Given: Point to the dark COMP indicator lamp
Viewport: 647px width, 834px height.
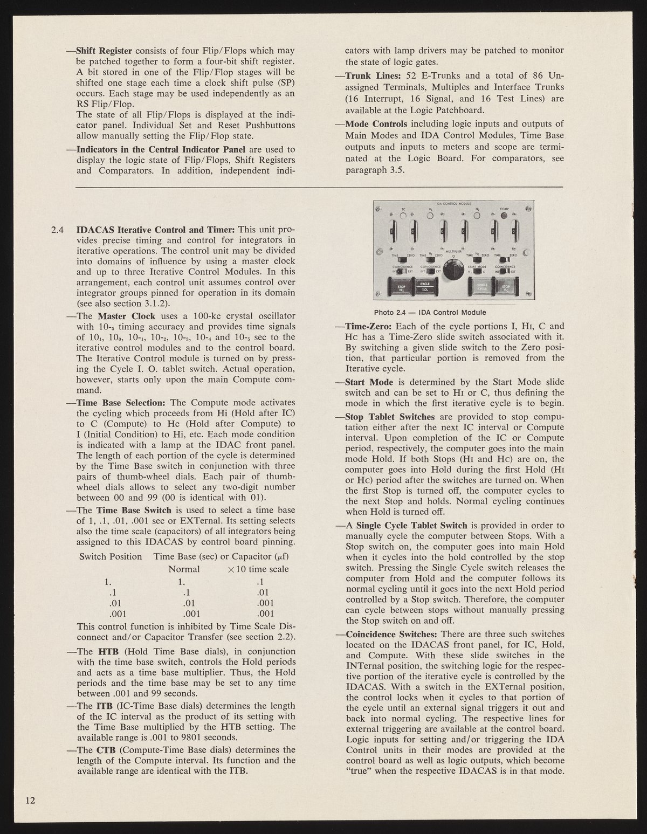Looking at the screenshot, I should (505, 216).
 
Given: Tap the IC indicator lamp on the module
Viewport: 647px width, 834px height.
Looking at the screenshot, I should (403, 216).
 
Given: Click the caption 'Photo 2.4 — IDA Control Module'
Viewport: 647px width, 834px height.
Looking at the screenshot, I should (430, 312).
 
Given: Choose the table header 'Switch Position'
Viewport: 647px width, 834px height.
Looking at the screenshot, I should (111, 556).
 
